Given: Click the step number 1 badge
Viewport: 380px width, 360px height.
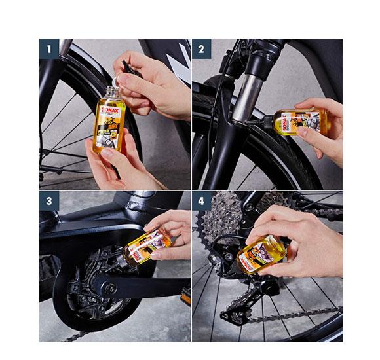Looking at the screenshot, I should coord(48,48).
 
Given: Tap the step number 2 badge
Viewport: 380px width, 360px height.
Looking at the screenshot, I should coord(202,48).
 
